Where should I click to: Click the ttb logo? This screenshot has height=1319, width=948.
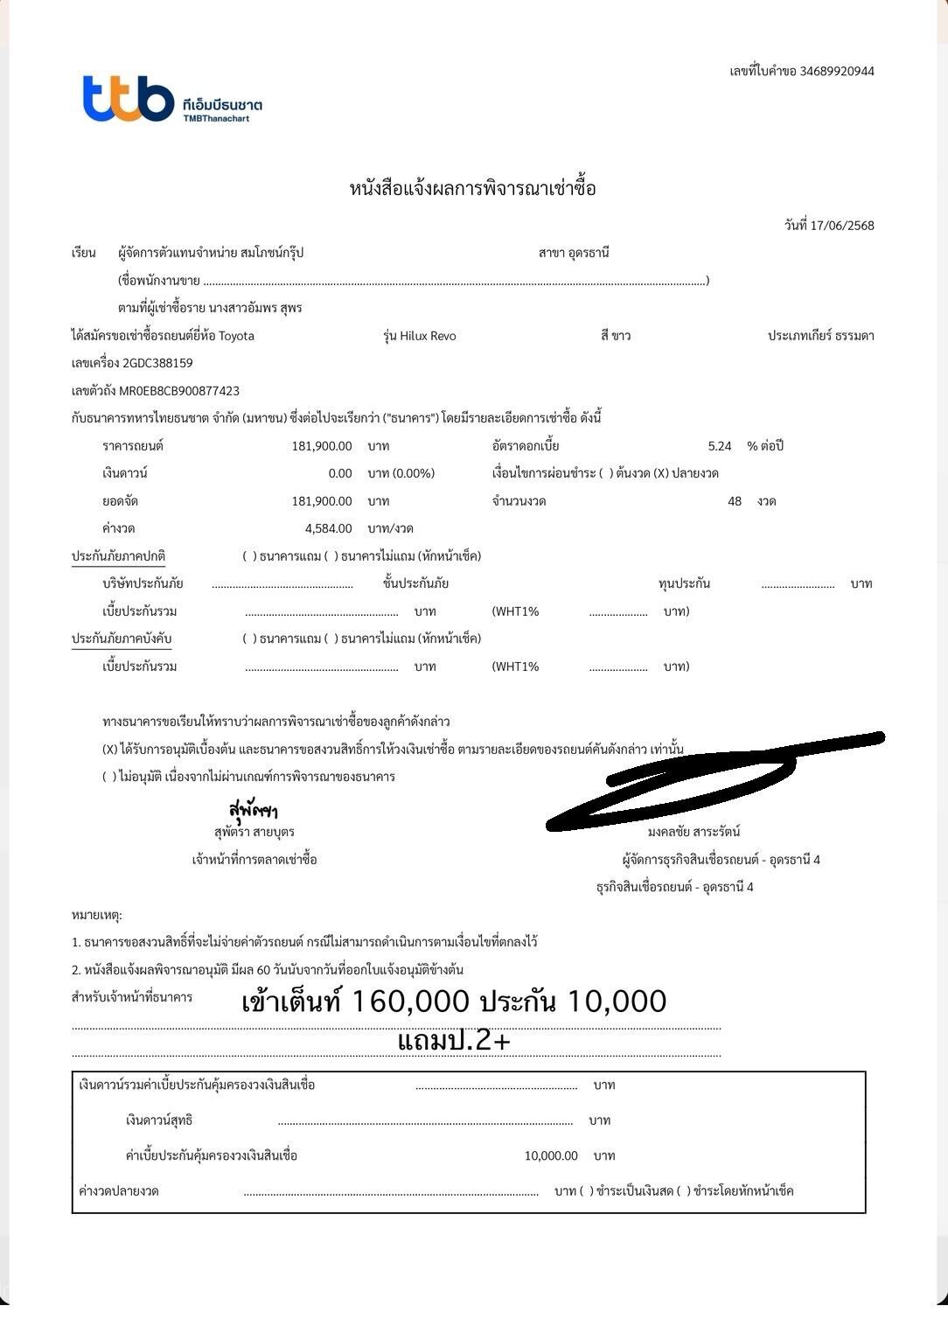click(128, 98)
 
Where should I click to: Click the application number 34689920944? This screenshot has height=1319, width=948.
click(836, 71)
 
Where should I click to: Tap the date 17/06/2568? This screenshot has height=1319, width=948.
click(841, 226)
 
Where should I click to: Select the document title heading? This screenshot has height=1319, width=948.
click(472, 188)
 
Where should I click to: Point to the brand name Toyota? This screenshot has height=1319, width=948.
click(236, 336)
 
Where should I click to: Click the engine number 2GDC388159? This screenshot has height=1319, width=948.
click(157, 363)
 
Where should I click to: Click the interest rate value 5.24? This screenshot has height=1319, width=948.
click(719, 446)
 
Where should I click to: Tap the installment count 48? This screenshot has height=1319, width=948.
click(735, 501)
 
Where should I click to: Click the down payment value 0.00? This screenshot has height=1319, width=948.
click(340, 473)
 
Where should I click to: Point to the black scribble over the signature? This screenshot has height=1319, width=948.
click(708, 778)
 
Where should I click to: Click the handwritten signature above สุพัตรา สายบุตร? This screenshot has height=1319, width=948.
click(253, 809)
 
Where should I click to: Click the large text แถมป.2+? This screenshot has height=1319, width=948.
click(454, 1041)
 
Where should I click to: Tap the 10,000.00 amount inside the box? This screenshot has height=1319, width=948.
click(551, 1155)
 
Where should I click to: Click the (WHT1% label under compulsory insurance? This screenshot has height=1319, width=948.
click(515, 666)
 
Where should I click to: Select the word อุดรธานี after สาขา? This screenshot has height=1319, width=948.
click(588, 253)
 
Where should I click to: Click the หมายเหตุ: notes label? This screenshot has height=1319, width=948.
click(97, 915)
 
